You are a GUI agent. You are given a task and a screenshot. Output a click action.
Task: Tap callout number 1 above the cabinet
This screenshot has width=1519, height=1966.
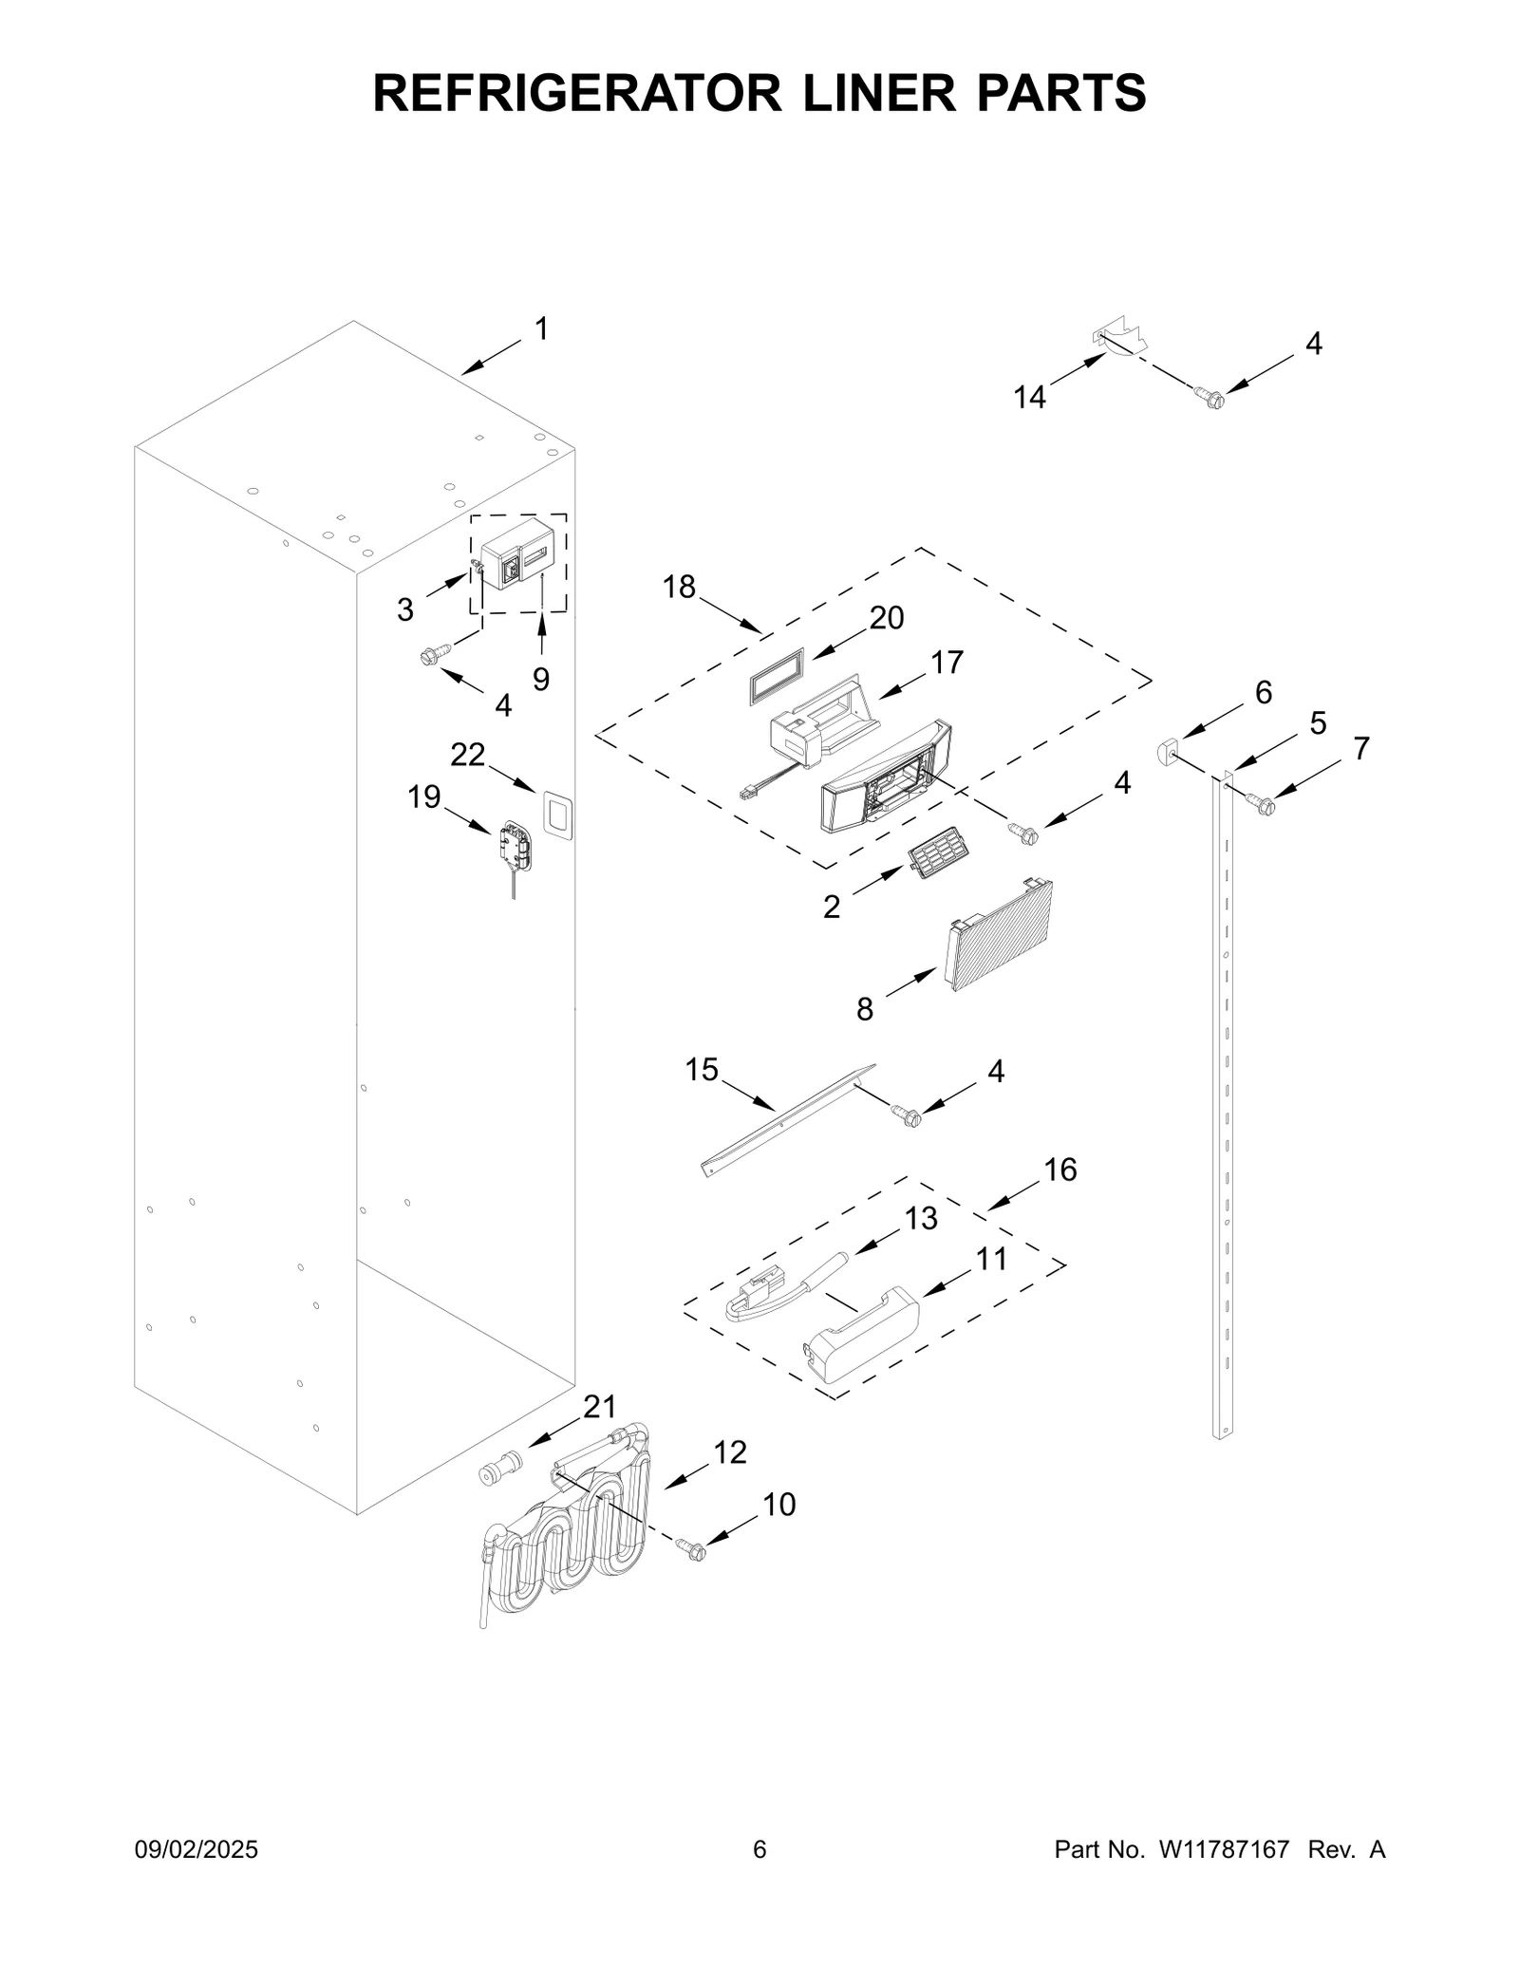tap(541, 329)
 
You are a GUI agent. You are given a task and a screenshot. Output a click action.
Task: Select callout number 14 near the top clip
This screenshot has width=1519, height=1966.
tap(1029, 397)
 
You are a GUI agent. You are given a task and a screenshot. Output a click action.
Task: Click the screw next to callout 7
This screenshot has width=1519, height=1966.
tap(1264, 805)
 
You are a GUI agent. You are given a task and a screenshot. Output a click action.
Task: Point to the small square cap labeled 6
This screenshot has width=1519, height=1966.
tap(1166, 753)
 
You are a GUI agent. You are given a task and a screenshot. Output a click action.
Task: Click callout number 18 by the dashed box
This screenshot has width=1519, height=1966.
tap(679, 588)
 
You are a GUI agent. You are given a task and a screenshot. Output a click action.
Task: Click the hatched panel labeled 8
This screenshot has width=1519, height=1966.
tap(1000, 937)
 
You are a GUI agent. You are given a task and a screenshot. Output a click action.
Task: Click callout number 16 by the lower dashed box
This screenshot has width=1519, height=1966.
tap(1060, 1170)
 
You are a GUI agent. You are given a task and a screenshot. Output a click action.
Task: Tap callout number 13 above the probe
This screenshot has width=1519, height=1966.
tap(921, 1218)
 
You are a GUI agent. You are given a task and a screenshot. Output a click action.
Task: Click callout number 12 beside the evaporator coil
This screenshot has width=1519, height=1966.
tap(730, 1452)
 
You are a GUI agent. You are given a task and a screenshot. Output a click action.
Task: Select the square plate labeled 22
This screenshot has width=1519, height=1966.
tap(557, 815)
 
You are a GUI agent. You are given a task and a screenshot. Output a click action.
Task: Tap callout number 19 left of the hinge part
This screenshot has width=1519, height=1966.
tap(424, 796)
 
